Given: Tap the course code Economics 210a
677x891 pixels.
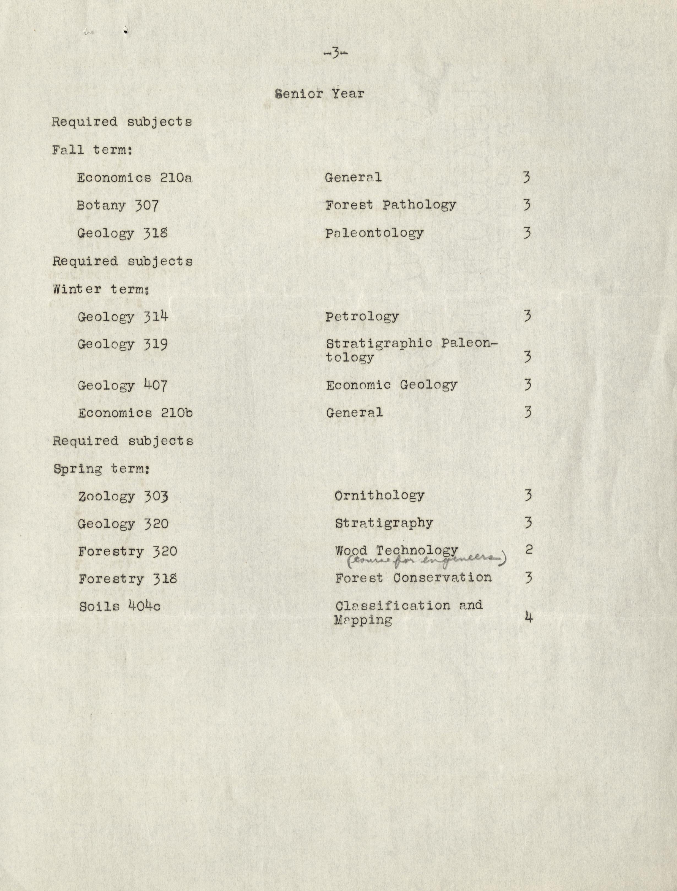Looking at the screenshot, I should click(x=135, y=178).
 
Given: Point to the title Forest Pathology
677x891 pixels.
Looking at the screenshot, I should click(x=390, y=205).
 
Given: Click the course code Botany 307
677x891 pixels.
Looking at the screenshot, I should click(x=118, y=205).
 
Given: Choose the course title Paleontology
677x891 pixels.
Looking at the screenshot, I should click(x=374, y=233).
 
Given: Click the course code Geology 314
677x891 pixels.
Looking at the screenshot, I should click(x=123, y=317).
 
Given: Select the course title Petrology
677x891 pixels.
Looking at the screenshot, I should click(x=362, y=317).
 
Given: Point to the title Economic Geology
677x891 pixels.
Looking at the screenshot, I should click(x=391, y=385).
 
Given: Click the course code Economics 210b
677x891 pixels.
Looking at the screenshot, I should click(x=135, y=413).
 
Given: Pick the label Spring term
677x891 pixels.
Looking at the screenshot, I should click(x=102, y=469).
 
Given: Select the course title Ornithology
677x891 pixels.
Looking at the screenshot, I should click(x=379, y=496).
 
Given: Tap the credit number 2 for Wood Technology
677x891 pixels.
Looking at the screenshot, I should click(x=529, y=549).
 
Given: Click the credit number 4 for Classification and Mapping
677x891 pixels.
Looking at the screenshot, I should click(x=529, y=617).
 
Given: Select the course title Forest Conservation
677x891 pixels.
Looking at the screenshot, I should click(x=413, y=578).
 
